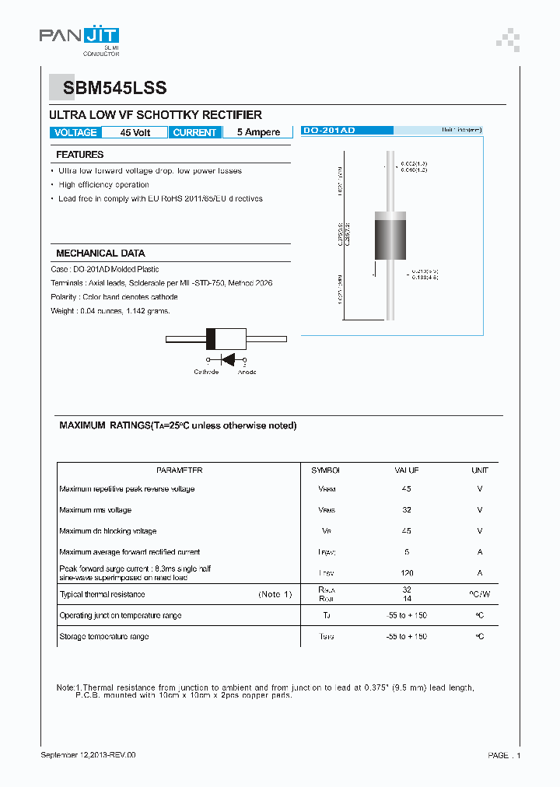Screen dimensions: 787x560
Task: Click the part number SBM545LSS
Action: [x=107, y=89]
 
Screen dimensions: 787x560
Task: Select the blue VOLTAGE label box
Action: [x=75, y=132]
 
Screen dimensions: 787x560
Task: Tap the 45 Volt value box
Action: [x=135, y=132]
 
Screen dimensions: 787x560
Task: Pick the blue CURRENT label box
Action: [x=194, y=132]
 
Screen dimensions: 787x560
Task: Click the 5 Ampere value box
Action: [x=258, y=132]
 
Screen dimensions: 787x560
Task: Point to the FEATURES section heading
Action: [x=79, y=155]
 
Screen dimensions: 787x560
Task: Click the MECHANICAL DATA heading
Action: [x=100, y=254]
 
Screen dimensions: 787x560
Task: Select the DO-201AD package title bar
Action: [x=328, y=131]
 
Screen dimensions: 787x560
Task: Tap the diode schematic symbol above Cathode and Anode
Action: [x=227, y=360]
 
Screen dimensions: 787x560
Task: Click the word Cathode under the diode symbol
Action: [x=206, y=372]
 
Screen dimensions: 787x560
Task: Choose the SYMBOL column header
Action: [x=326, y=470]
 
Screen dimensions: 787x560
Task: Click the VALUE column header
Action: [x=406, y=470]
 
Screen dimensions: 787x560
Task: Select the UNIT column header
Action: [x=479, y=470]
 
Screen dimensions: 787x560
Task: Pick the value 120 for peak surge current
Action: [x=406, y=573]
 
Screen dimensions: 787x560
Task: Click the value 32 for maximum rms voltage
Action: [x=406, y=510]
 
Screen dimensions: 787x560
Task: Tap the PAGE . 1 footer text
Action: [x=504, y=755]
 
